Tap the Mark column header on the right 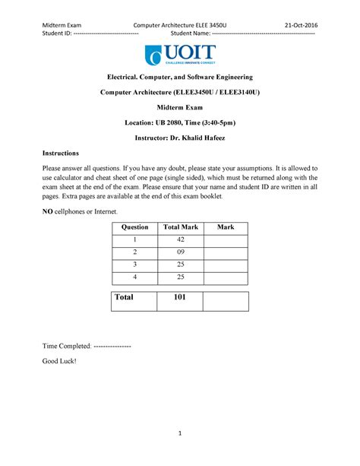point(226,227)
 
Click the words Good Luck point(58,361)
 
